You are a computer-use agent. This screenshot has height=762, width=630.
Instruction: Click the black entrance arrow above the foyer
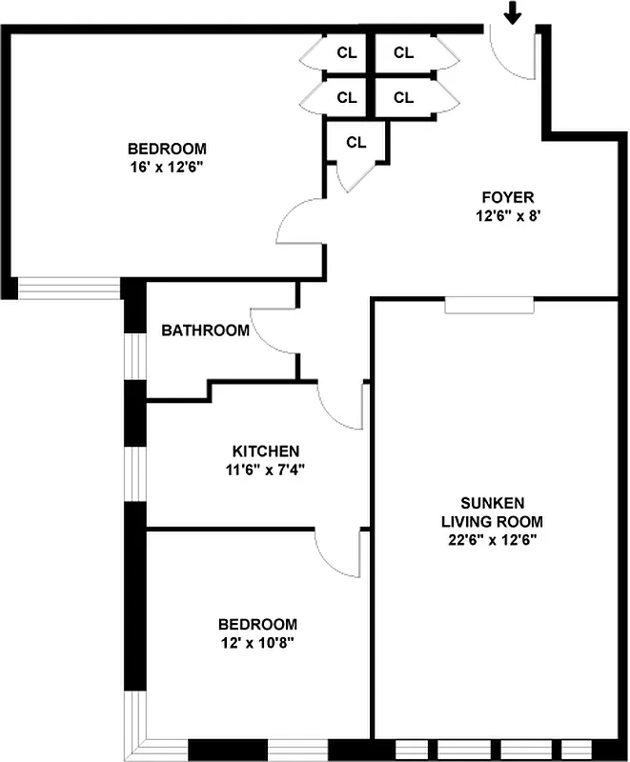[x=513, y=12]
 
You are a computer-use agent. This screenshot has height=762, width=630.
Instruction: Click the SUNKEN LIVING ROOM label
[x=491, y=511]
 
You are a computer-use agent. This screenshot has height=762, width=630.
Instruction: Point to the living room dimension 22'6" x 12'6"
[x=491, y=540]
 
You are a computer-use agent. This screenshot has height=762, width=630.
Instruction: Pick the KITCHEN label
[x=267, y=451]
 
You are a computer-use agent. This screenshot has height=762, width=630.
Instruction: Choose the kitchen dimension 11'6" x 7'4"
[x=267, y=469]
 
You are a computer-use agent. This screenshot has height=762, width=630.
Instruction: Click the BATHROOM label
[x=205, y=331]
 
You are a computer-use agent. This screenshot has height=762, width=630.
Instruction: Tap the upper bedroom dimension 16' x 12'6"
[x=167, y=167]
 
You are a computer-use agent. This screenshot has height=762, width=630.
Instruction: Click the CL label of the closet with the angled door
[x=356, y=143]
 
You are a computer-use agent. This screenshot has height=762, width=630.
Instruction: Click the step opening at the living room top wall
[x=490, y=305]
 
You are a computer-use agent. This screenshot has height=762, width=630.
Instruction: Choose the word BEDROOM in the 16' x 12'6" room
[x=167, y=149]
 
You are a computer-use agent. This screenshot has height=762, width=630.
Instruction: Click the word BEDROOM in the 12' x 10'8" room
[x=257, y=624]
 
